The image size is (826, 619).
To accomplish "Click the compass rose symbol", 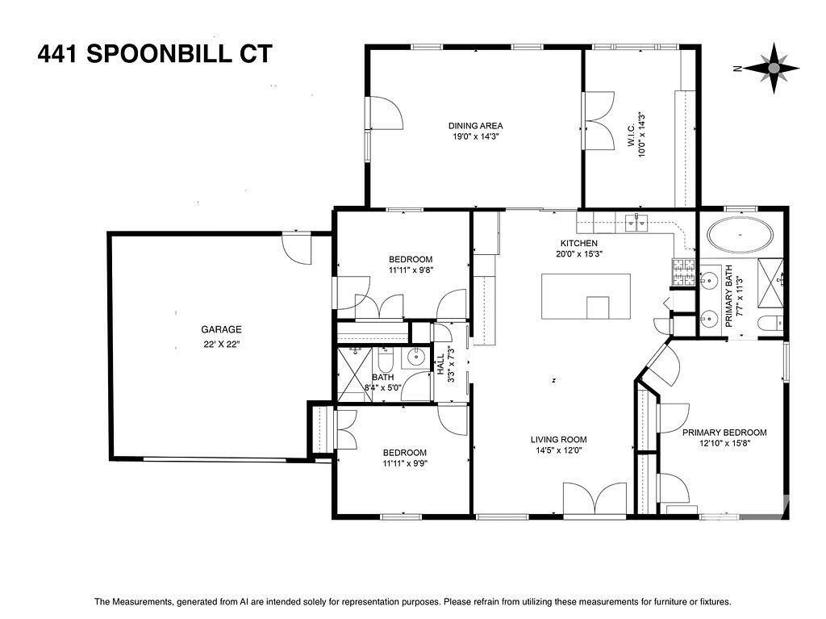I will pyautogui.click(x=773, y=69).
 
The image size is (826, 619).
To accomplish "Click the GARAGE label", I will pyautogui.click(x=221, y=329).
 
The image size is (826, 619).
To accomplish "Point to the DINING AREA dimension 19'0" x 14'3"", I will pyautogui.click(x=476, y=137).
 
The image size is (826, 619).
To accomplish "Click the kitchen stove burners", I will pyautogui.click(x=683, y=272).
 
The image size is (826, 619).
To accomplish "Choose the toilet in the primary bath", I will pyautogui.click(x=767, y=324).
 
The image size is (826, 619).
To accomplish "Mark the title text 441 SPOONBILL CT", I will pyautogui.click(x=155, y=54).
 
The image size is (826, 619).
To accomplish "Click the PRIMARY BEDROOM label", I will pyautogui.click(x=724, y=433).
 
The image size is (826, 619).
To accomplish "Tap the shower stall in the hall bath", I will pyautogui.click(x=353, y=373).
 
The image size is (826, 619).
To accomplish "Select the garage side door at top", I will pyautogui.click(x=295, y=248).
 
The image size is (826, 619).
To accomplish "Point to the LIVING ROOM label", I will pyautogui.click(x=556, y=440).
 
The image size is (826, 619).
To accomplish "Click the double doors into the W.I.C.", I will pyautogui.click(x=596, y=119).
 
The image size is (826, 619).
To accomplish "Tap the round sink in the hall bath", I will pyautogui.click(x=417, y=358).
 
